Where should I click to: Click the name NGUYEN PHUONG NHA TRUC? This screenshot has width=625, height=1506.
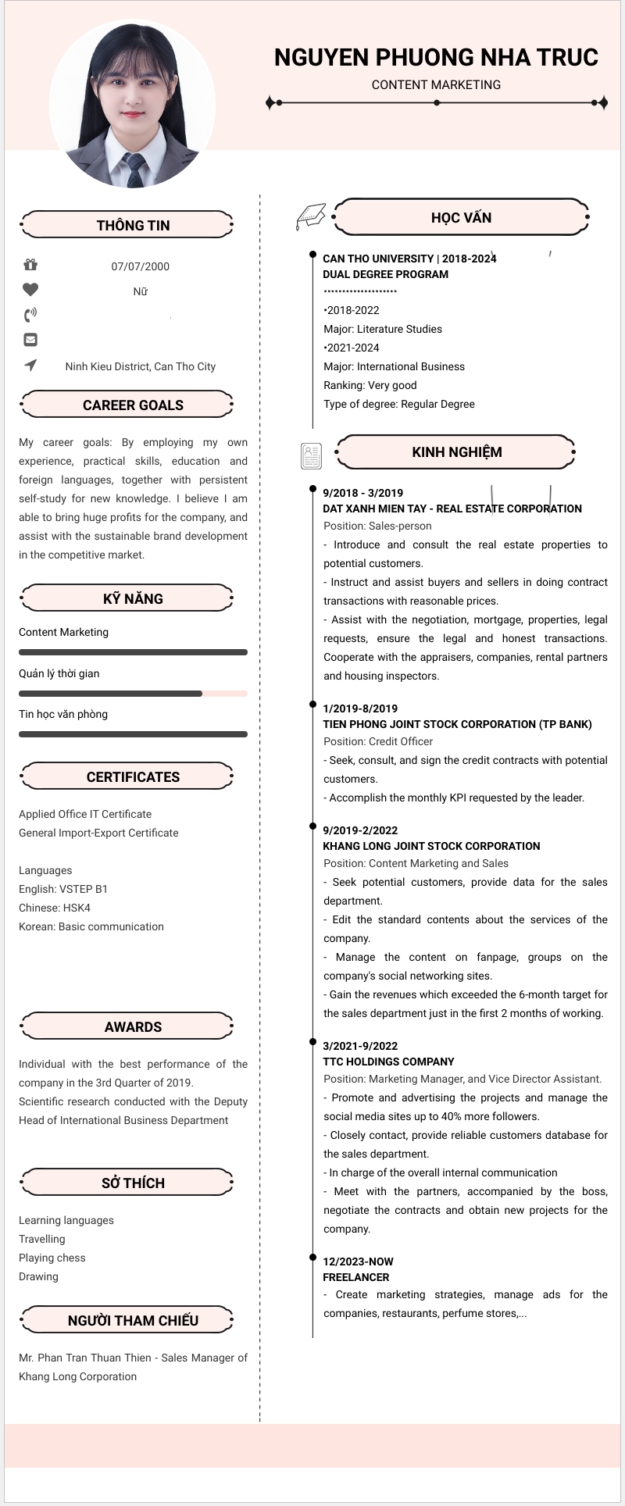[436, 57]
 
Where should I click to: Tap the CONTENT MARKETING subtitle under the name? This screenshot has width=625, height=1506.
[436, 84]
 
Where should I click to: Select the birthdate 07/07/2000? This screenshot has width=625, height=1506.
[141, 266]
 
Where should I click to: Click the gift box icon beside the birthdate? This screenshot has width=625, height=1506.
[30, 265]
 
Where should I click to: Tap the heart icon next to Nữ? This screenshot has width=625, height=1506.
[30, 290]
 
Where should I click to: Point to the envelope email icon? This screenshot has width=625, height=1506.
[30, 340]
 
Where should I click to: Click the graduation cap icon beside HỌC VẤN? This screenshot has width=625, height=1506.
[310, 216]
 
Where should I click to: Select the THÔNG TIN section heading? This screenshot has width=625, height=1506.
[133, 225]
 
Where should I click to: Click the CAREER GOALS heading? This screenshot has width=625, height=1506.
[133, 405]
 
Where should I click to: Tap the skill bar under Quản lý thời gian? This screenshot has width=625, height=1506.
[133, 693]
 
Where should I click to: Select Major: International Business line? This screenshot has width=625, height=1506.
[394, 366]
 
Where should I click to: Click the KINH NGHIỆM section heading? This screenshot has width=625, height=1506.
[456, 451]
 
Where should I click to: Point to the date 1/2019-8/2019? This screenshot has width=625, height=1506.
[360, 708]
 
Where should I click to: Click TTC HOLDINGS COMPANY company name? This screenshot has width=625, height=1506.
[388, 1062]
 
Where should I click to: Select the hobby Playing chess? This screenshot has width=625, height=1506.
[52, 1258]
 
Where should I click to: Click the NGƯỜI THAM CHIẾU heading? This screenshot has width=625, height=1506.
[133, 1320]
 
